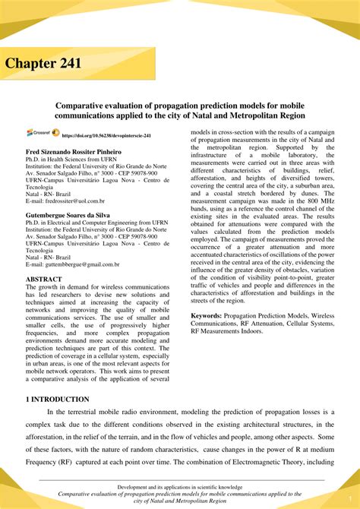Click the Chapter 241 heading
[45, 63]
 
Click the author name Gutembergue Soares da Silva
[68, 215]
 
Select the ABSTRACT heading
[44, 279]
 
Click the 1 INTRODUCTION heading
[57, 399]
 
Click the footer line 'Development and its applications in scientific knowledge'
[179, 485]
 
